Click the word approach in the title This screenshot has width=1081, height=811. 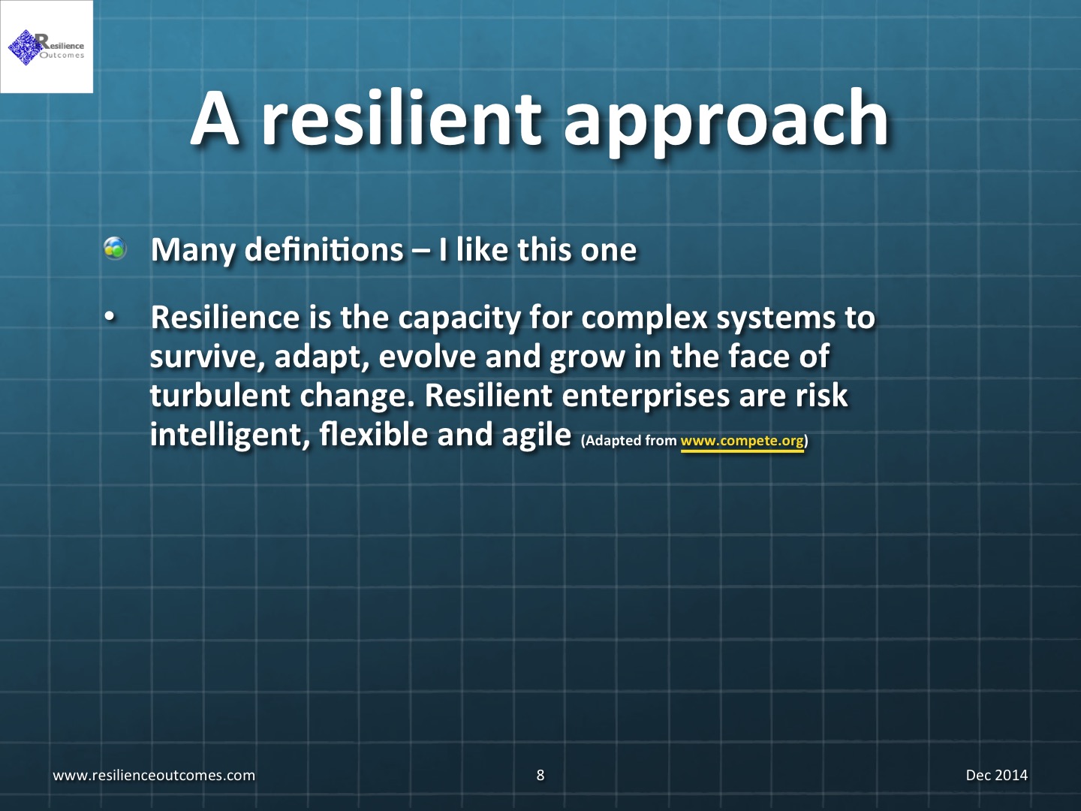[x=726, y=122]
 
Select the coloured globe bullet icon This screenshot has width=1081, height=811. [x=116, y=248]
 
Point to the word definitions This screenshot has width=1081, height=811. [x=324, y=249]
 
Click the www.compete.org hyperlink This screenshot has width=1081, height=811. [x=742, y=440]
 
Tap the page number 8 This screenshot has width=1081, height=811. [x=540, y=775]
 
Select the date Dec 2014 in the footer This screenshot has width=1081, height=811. [x=997, y=775]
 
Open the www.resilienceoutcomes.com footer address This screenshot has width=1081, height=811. [x=154, y=776]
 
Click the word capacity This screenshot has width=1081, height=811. [x=459, y=318]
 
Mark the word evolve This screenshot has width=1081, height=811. [x=427, y=357]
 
